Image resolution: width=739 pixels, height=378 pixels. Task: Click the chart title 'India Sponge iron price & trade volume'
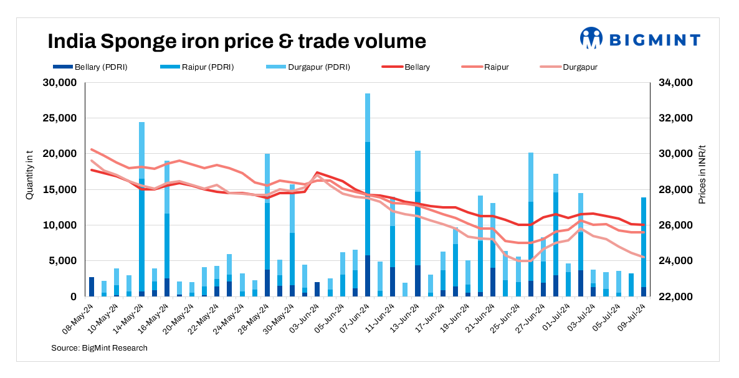coord(237,41)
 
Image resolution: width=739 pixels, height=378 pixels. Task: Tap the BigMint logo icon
coord(591,38)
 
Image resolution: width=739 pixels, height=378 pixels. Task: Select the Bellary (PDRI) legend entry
coord(91,67)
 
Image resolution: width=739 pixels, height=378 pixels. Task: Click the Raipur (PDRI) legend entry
coord(198,67)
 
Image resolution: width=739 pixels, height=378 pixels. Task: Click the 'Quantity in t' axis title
coord(29,178)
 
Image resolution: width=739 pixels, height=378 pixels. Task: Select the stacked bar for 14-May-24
coord(141,209)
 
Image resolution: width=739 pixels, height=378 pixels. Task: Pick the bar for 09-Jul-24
coord(643,247)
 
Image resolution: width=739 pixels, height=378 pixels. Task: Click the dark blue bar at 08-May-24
coord(92,286)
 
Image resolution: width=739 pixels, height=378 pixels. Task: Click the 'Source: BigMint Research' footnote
coord(99,347)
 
